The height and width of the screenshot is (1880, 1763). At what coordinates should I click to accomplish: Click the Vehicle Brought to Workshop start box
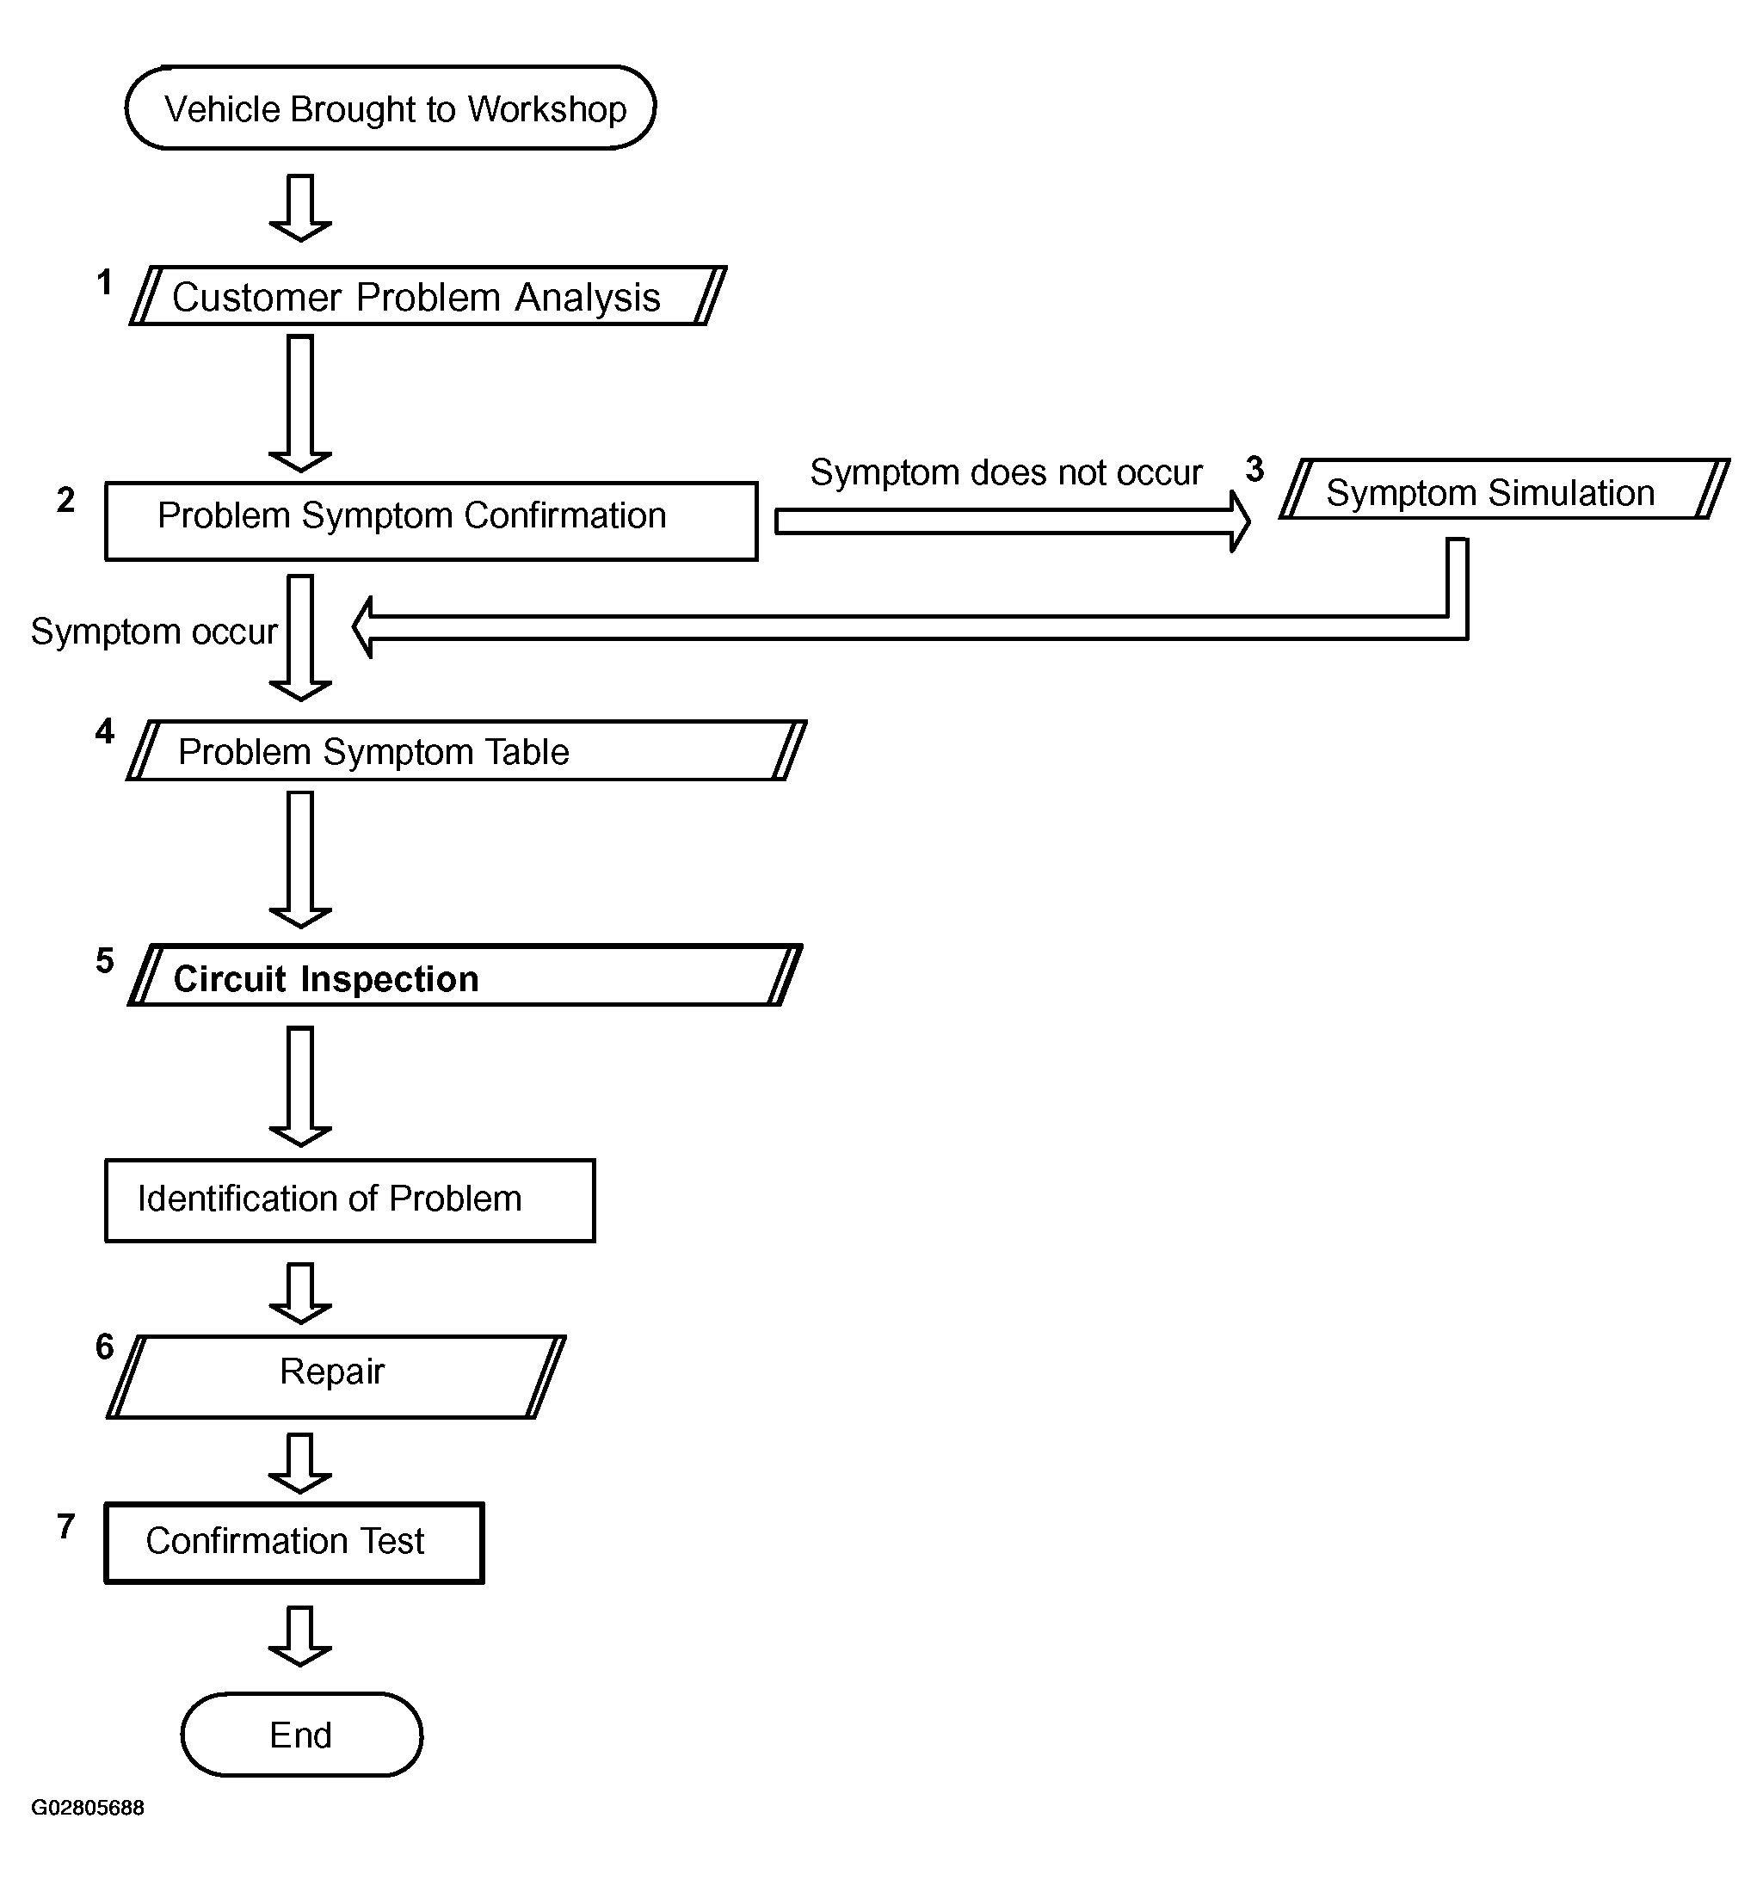point(390,108)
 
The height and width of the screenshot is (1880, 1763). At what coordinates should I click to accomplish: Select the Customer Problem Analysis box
point(428,296)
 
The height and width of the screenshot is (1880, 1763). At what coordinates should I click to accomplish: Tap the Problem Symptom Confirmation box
point(430,521)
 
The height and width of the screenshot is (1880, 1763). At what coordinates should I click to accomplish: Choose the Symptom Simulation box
point(1504,490)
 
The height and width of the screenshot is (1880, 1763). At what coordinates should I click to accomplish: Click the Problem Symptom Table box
point(466,751)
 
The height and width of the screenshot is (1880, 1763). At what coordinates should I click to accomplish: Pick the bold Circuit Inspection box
point(465,975)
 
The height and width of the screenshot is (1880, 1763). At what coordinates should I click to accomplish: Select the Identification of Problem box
point(350,1200)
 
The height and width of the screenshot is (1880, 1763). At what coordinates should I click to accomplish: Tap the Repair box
point(336,1376)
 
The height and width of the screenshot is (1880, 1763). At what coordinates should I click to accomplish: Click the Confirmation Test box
point(294,1543)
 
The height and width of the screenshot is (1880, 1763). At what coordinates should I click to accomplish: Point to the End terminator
point(301,1735)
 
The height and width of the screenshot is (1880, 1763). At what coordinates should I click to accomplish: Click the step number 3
point(1254,469)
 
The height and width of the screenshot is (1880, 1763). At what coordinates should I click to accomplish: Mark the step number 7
point(65,1526)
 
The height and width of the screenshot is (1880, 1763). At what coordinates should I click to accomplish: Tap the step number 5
point(104,961)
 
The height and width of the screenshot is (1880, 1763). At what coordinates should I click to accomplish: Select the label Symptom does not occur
point(1006,472)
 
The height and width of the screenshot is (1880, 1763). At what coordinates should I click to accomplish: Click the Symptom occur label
point(153,631)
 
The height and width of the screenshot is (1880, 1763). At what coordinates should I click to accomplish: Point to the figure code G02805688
point(87,1807)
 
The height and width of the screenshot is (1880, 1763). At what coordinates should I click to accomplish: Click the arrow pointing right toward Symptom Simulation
point(1011,521)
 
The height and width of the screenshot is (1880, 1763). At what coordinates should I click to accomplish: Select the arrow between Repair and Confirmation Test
point(299,1462)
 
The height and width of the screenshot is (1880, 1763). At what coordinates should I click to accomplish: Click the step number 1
point(104,282)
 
